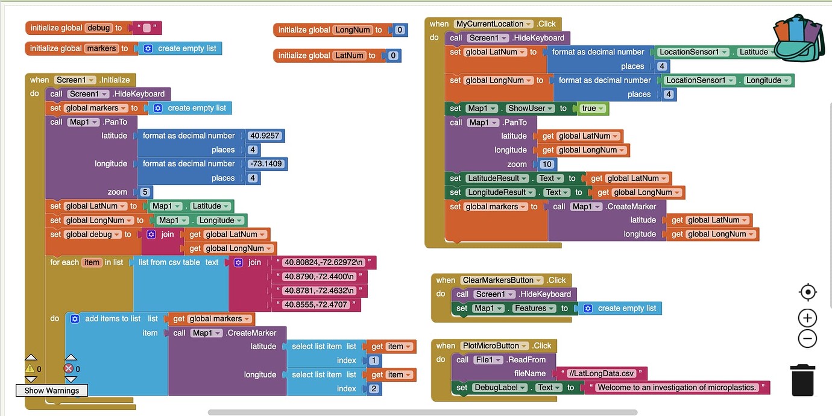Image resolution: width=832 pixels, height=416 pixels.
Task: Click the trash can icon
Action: click(x=802, y=380)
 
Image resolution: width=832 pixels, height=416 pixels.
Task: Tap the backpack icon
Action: click(x=798, y=39)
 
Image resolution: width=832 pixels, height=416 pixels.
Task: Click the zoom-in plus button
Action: click(x=807, y=318)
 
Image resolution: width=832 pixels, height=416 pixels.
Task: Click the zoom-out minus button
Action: click(x=807, y=338)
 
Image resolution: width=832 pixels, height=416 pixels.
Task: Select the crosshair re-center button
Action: click(x=807, y=292)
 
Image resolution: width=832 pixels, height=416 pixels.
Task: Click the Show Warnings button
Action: click(x=51, y=390)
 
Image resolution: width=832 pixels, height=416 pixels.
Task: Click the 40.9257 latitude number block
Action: click(x=264, y=136)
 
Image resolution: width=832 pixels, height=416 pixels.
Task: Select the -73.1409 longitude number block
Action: click(x=265, y=163)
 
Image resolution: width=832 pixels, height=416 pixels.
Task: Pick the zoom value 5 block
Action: click(x=145, y=192)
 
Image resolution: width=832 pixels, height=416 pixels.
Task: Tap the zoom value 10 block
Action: click(x=547, y=164)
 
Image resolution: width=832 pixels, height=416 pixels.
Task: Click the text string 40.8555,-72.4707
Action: click(x=316, y=304)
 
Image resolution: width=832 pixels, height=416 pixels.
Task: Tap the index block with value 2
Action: click(x=374, y=388)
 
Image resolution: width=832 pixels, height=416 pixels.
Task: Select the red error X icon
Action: click(x=68, y=368)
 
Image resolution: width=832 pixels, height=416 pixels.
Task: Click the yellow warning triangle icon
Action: click(x=30, y=368)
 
